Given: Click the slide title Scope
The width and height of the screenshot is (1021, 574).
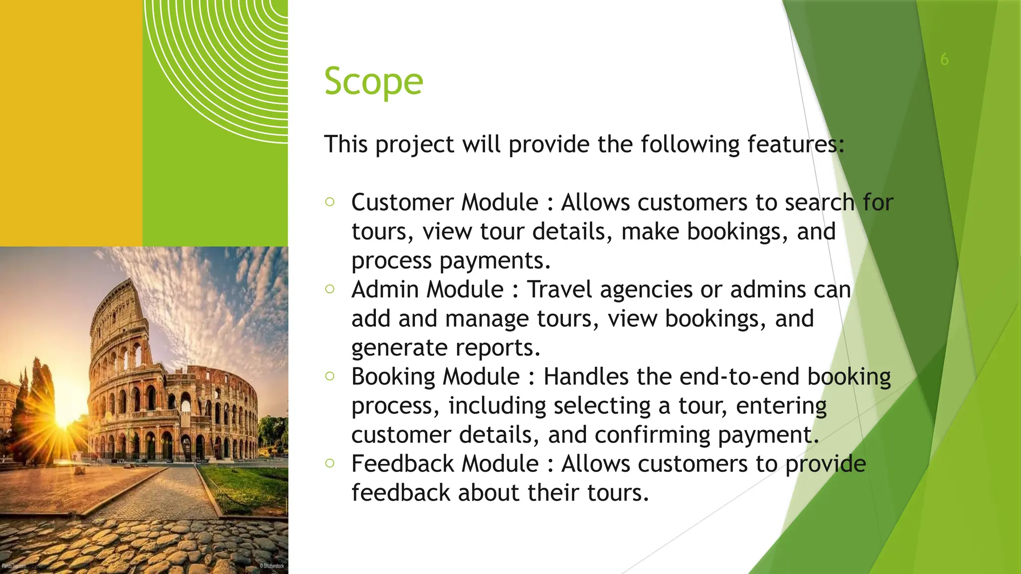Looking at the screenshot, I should click(373, 81).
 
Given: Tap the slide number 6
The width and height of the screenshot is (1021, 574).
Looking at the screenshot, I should click(944, 59).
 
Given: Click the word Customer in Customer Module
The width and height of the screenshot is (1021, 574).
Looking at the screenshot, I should click(402, 203).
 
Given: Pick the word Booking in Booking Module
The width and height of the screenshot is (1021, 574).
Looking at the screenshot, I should click(392, 377).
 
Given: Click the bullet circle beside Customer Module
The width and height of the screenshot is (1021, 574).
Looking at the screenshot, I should click(330, 202).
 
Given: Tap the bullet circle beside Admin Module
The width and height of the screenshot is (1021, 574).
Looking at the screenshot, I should click(330, 289).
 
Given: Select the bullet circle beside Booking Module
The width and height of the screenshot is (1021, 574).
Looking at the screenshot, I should click(330, 376).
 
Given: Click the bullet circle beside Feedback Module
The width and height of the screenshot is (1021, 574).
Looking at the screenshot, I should click(330, 463).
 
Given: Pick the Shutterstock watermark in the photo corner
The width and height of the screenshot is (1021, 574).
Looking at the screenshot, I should click(272, 566).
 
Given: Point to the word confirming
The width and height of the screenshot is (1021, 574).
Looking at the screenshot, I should click(653, 435).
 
